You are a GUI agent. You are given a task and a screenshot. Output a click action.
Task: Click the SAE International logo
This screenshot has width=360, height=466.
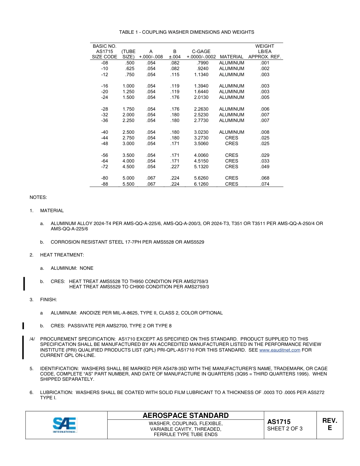tap(65, 425)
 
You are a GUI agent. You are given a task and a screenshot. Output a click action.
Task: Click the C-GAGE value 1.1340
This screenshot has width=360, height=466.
tap(201, 75)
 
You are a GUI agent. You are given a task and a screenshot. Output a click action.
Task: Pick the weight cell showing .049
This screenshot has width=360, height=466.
tap(265, 167)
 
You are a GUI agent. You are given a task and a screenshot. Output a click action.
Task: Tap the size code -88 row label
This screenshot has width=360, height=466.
tap(105, 184)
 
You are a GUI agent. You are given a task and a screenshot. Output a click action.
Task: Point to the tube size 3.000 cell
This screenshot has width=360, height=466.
tap(128, 144)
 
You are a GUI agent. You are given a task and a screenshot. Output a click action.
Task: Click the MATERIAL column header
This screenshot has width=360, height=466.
tap(232, 57)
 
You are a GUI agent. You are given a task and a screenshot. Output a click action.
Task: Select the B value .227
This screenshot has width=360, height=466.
tap(175, 167)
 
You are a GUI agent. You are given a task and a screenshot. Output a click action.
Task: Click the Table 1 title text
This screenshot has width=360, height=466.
tap(186, 32)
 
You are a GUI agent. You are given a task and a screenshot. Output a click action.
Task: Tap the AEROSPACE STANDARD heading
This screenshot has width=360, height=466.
tap(185, 416)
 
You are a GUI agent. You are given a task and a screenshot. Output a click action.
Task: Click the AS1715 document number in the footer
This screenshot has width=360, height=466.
tap(279, 422)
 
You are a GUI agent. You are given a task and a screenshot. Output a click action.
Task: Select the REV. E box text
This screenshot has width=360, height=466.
tap(329, 424)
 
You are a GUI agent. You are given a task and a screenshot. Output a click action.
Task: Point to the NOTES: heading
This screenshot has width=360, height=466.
tap(38, 197)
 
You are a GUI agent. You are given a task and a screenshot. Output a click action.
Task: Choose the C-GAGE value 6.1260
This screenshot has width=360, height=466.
tap(201, 184)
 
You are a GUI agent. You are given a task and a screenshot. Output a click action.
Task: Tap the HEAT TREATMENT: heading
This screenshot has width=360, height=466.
tap(62, 255)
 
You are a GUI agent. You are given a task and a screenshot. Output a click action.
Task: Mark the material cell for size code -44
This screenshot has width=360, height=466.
tap(232, 138)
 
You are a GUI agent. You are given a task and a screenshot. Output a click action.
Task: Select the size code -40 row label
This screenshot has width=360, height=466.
tap(105, 132)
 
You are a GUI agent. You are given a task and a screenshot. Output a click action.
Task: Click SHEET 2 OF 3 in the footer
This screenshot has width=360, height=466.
tap(285, 429)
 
